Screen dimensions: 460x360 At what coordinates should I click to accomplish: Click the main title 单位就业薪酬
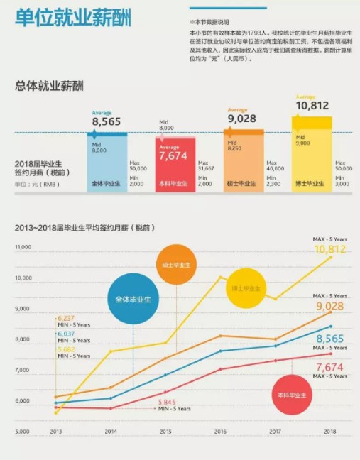tap(74, 19)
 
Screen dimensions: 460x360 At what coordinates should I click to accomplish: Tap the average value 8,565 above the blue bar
tap(107, 121)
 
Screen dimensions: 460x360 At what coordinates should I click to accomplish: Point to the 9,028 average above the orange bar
tap(241, 119)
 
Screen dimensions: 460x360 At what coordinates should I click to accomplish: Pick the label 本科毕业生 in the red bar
tap(173, 184)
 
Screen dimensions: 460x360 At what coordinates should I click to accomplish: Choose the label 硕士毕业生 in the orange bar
tap(242, 184)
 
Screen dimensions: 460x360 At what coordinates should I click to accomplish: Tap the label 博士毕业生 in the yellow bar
tap(310, 184)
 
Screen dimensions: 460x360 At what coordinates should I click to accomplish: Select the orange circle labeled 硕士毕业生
tap(178, 264)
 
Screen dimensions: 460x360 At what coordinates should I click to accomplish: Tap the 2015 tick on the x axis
tap(165, 432)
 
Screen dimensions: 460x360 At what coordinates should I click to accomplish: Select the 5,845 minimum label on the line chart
tap(167, 402)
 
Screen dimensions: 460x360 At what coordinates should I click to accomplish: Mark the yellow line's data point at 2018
tap(330, 257)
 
